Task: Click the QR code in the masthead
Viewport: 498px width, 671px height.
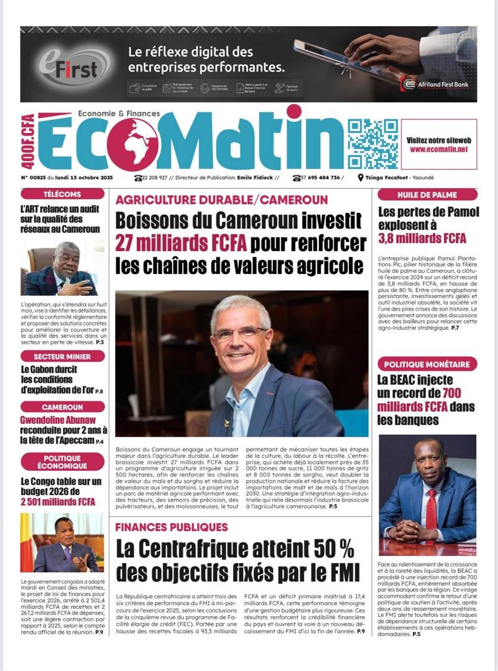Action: [372, 144]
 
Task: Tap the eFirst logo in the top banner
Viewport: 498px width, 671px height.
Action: [67, 65]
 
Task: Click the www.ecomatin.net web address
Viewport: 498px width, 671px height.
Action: [438, 150]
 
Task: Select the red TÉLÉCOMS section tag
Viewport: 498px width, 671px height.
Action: [62, 194]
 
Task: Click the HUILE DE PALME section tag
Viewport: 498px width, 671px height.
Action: [428, 194]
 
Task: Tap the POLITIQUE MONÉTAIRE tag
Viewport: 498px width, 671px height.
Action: [428, 365]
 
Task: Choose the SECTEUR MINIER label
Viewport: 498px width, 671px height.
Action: [62, 357]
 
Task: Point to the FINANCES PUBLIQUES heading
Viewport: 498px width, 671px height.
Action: [172, 527]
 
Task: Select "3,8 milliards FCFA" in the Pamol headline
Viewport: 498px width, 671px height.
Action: [422, 238]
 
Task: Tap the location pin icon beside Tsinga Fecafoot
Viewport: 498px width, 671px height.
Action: [361, 178]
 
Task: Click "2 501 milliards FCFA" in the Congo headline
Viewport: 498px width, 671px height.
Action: [58, 501]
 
